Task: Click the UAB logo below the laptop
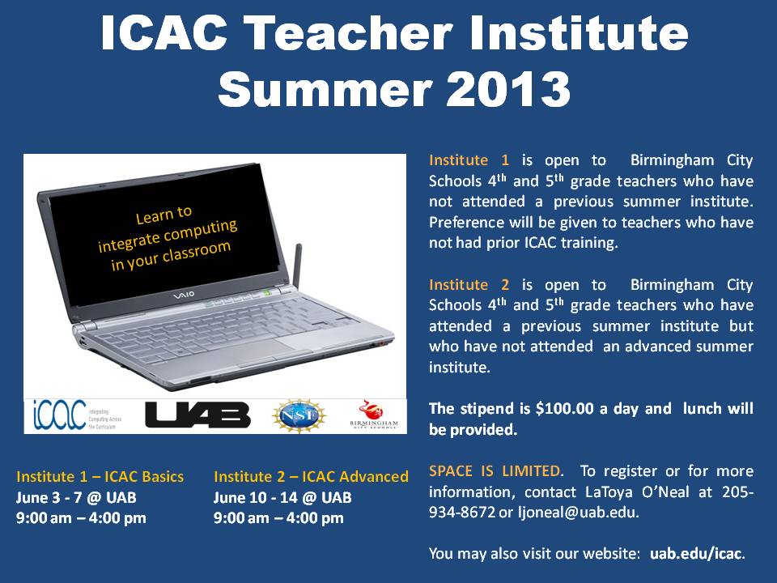click(197, 415)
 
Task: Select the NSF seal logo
click(299, 415)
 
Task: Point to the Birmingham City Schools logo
click(373, 415)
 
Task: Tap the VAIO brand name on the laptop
click(183, 296)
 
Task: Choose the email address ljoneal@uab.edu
click(577, 512)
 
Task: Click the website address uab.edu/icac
click(696, 553)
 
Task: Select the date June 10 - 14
click(257, 497)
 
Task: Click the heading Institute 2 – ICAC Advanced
click(311, 476)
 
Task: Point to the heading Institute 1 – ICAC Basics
click(100, 476)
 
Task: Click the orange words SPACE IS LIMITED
click(495, 470)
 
